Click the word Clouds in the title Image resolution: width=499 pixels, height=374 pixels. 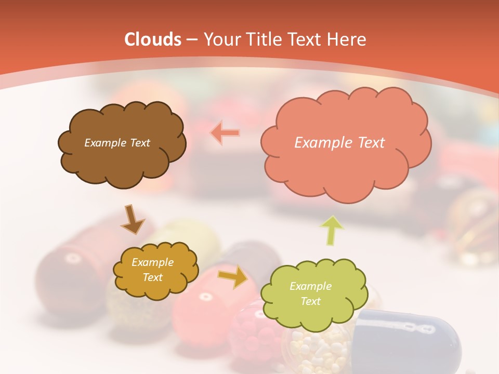click(x=153, y=39)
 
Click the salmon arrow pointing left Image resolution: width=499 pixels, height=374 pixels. click(x=225, y=133)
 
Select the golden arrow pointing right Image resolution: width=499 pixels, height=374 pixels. click(x=232, y=277)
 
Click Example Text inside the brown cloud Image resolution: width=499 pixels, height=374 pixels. click(x=117, y=143)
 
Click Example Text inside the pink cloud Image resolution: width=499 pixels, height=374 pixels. click(x=339, y=143)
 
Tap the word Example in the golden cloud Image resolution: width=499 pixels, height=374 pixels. click(x=152, y=262)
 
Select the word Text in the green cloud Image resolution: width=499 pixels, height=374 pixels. click(x=310, y=301)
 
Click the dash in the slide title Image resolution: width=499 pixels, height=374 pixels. click(x=192, y=40)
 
